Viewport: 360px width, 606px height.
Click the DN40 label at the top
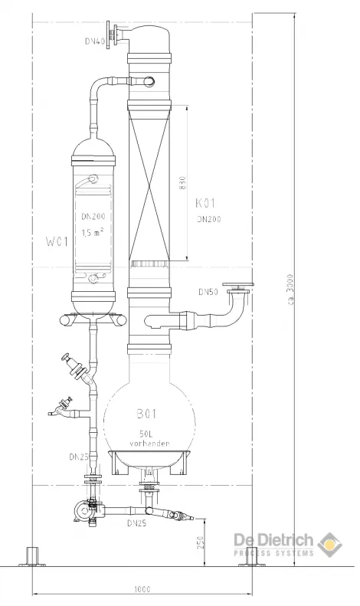(95, 41)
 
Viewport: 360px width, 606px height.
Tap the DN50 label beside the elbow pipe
(208, 292)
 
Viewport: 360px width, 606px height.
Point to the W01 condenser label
(57, 242)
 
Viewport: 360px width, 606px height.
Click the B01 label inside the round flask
(147, 414)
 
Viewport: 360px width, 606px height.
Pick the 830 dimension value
(183, 183)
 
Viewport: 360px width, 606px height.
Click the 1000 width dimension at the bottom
(142, 589)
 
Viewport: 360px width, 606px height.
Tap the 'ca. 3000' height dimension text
(290, 289)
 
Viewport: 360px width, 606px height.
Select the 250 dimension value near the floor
(201, 542)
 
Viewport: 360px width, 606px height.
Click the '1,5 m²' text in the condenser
(93, 232)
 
